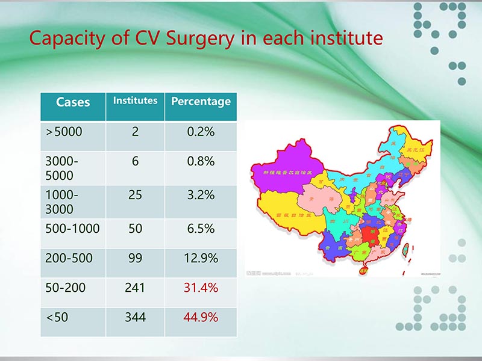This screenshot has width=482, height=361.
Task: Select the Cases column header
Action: (x=73, y=102)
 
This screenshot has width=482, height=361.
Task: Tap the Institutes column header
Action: (x=135, y=100)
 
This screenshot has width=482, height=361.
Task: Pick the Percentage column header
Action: (x=201, y=101)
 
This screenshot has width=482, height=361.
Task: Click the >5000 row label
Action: (x=63, y=132)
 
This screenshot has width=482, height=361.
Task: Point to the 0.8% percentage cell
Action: (x=201, y=161)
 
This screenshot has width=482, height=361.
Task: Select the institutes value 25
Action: (x=135, y=195)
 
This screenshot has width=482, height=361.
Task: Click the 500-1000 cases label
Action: (x=72, y=229)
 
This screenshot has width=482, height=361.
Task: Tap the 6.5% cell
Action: (x=201, y=229)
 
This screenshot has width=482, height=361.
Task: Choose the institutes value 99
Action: (x=135, y=258)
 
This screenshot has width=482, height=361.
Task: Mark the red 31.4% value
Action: (x=201, y=288)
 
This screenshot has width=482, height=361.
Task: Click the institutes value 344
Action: (x=135, y=316)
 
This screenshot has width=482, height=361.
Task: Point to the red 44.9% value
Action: (x=201, y=316)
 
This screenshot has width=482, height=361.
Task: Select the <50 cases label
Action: (x=57, y=316)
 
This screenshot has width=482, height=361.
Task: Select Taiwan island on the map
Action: (x=405, y=248)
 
